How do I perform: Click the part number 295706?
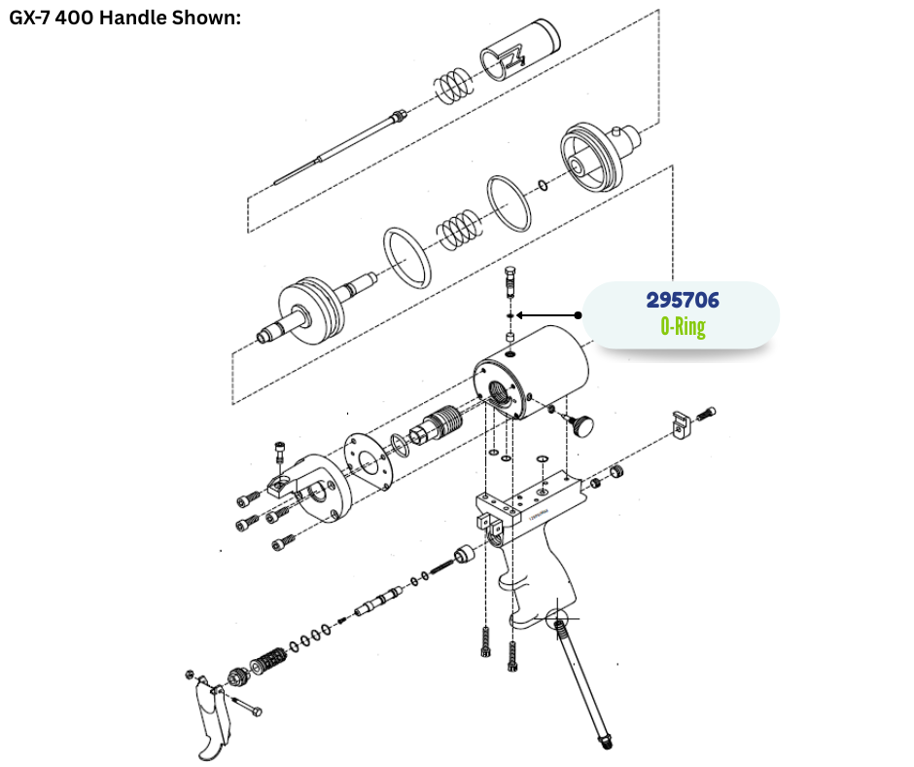[x=683, y=300]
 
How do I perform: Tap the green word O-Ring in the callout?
[x=683, y=326]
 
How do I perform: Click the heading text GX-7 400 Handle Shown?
[x=124, y=18]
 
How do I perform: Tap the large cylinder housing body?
[x=532, y=373]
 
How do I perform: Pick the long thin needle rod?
[x=338, y=147]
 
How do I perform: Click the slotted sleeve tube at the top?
[x=520, y=50]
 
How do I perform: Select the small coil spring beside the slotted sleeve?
[x=453, y=86]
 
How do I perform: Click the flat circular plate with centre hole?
[x=368, y=461]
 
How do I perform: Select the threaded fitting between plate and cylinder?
[x=437, y=425]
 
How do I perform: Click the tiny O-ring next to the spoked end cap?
[x=544, y=186]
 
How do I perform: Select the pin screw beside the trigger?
[x=247, y=705]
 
